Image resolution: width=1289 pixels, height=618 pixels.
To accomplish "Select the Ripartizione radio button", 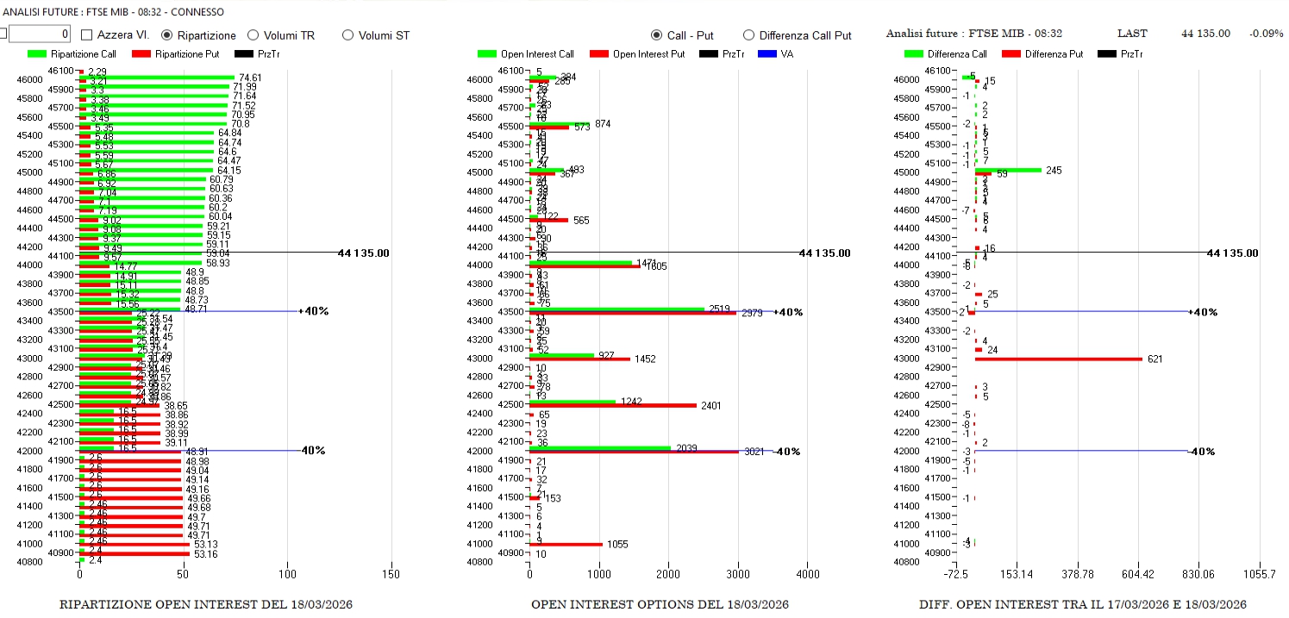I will [167, 35].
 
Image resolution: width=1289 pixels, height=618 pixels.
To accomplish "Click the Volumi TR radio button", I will [253, 35].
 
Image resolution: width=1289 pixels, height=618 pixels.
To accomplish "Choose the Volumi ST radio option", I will [348, 35].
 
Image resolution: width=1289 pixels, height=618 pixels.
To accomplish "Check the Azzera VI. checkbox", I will [87, 35].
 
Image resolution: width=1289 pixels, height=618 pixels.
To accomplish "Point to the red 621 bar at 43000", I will [1058, 359].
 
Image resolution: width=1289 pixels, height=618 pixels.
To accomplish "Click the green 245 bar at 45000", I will [1008, 170].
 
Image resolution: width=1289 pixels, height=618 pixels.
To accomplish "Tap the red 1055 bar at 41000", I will [566, 544].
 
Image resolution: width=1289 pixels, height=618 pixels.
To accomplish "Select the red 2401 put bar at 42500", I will [612, 405].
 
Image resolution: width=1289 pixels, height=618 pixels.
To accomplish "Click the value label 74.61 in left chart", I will [250, 78].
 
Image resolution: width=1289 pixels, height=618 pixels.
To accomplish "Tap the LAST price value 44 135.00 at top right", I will [1205, 34].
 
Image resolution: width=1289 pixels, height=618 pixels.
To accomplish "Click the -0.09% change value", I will [1266, 34].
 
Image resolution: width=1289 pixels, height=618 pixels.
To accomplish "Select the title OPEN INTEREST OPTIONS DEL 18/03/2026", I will [660, 604].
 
